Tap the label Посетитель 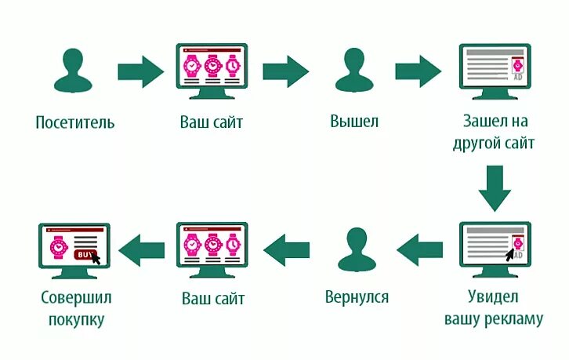[75, 123]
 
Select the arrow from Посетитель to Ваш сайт [141, 71]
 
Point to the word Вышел [354, 123]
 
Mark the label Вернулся [357, 298]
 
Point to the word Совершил [74, 298]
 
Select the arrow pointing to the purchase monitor [145, 249]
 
